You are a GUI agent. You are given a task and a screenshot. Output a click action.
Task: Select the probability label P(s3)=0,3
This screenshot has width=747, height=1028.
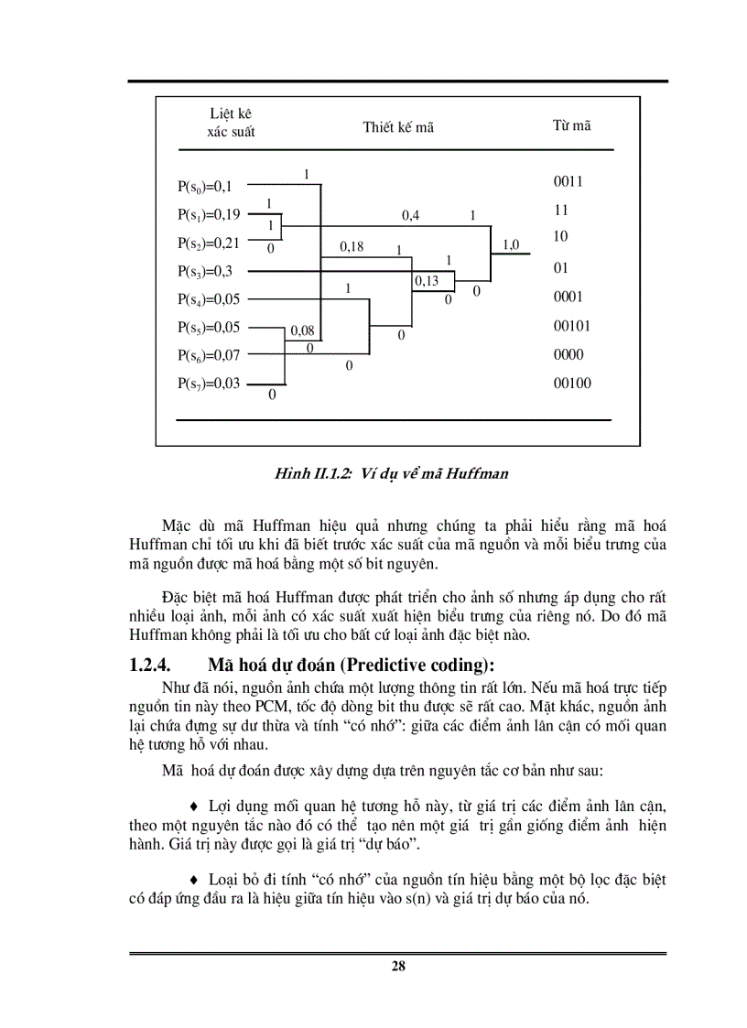[x=205, y=271]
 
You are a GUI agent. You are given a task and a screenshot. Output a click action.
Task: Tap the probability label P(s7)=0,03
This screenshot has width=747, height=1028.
[x=209, y=384]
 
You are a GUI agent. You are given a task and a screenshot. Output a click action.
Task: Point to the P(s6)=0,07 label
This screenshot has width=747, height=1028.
[x=209, y=355]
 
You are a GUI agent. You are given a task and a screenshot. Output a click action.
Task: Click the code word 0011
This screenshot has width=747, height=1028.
[x=568, y=181]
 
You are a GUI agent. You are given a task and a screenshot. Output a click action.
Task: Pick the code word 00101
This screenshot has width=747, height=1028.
[x=571, y=326]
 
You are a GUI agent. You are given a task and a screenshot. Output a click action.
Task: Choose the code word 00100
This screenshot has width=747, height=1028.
[x=571, y=384]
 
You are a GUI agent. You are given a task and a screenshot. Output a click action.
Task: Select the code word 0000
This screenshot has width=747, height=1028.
[x=568, y=355]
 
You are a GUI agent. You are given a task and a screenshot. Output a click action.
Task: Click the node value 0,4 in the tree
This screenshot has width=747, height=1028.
[x=410, y=217]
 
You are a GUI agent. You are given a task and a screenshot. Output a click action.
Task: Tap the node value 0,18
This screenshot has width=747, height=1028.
[x=352, y=246]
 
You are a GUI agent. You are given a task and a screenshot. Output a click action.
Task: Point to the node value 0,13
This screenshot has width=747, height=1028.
[x=427, y=281]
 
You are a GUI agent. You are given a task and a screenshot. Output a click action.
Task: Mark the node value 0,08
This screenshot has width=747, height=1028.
[x=302, y=330]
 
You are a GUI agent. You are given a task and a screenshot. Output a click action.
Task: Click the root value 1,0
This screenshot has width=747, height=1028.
[x=511, y=244]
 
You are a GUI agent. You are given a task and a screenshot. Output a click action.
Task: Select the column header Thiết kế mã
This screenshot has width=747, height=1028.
[x=398, y=127]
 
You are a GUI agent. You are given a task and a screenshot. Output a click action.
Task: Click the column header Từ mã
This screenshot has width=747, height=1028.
[x=572, y=125]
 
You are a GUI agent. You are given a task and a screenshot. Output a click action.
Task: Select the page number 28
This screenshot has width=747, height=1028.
[x=398, y=966]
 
